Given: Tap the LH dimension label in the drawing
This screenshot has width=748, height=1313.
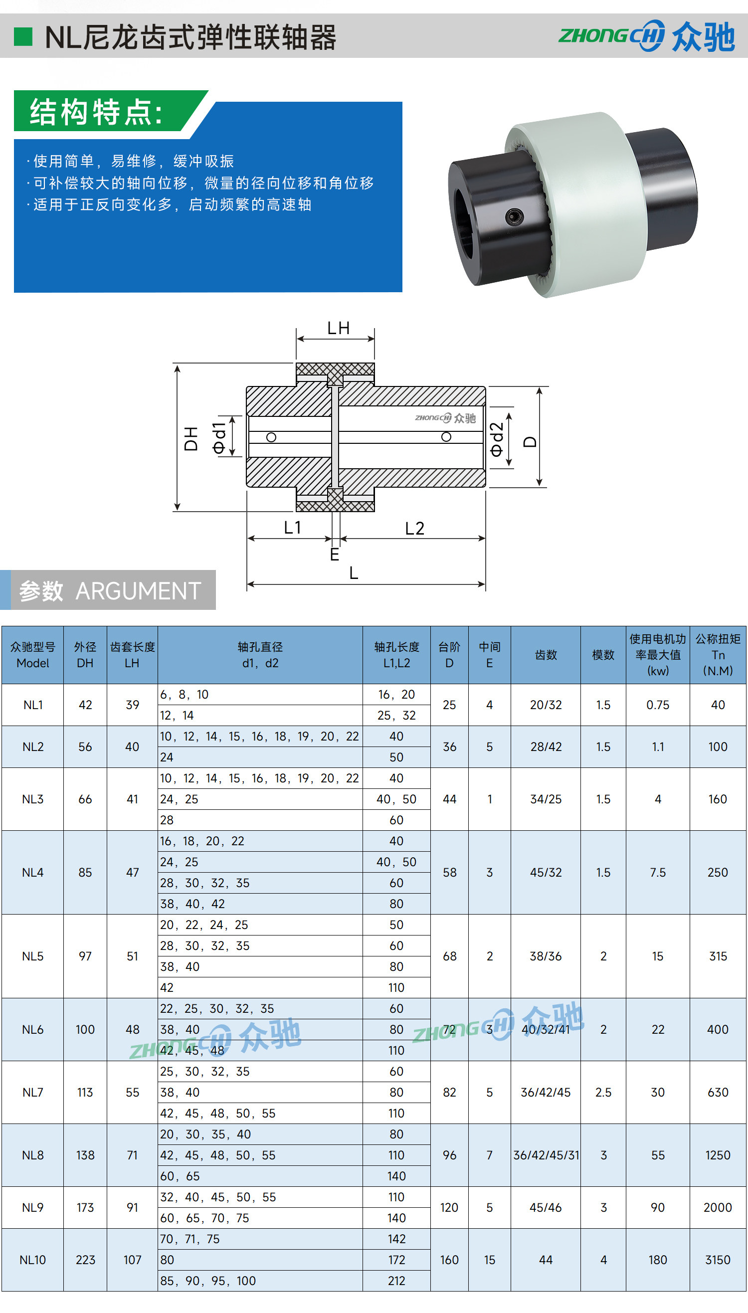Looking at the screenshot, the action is click(x=339, y=328).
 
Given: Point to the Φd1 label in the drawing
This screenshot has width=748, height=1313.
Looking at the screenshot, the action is click(x=219, y=438).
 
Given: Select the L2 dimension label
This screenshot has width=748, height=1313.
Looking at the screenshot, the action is click(x=414, y=528).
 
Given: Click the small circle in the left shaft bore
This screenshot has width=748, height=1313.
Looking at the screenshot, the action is click(x=271, y=437).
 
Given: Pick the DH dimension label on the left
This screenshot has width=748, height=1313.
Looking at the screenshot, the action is click(x=191, y=438).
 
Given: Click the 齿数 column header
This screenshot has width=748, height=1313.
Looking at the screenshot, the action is click(x=546, y=654).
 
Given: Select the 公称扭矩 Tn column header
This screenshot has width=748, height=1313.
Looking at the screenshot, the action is click(x=718, y=654).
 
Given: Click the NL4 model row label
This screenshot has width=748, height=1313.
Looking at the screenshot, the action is click(x=33, y=872).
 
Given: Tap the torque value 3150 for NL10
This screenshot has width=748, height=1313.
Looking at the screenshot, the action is click(x=718, y=1260).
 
